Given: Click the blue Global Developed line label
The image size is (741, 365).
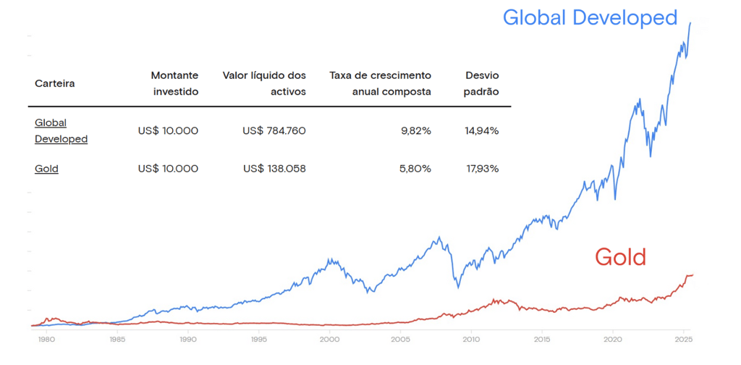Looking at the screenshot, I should [x=589, y=17].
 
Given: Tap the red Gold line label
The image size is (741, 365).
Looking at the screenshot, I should [x=619, y=256].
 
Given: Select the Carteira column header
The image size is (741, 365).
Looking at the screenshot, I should [x=54, y=83].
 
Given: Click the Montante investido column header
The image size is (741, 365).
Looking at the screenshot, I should [x=174, y=83].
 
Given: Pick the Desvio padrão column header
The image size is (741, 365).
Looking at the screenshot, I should [x=481, y=83].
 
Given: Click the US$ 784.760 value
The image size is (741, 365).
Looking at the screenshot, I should [x=274, y=131].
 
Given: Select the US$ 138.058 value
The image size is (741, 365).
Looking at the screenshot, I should [x=274, y=169].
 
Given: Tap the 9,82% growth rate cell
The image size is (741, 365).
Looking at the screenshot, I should [x=416, y=131].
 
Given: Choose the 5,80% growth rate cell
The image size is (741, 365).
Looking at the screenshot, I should [x=416, y=169].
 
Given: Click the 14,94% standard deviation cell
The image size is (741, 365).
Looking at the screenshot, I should [x=481, y=131].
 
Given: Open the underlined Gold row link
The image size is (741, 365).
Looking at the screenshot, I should [x=46, y=169].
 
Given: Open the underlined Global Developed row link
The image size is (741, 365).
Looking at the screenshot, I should [x=61, y=131].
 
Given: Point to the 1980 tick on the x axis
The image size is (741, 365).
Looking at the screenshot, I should [x=46, y=338].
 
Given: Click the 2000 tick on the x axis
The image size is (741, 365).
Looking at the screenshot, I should [x=329, y=338].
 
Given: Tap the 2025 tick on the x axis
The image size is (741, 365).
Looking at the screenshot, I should [x=683, y=338].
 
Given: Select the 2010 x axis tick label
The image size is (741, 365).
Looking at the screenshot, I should [x=471, y=338].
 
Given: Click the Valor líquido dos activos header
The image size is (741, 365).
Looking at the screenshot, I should [x=264, y=83].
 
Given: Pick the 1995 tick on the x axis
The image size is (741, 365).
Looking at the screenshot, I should [x=258, y=338].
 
